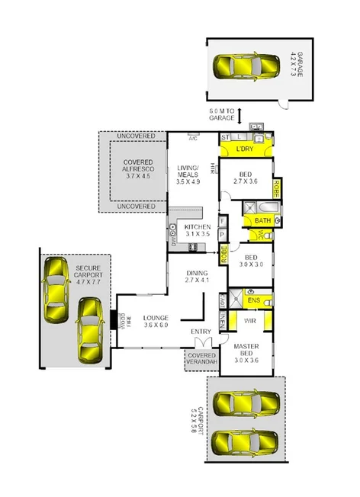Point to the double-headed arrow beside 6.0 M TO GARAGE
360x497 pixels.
click(x=239, y=116)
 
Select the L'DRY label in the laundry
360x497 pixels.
click(x=244, y=148)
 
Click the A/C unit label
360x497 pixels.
click(x=193, y=139)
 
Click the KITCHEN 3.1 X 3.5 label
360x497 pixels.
click(x=197, y=232)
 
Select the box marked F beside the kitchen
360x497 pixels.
click(x=222, y=222)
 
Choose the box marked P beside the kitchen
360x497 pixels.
click(x=222, y=236)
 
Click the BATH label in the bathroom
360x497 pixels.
click(x=262, y=221)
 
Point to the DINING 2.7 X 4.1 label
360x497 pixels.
click(x=197, y=276)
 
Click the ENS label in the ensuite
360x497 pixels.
click(x=255, y=301)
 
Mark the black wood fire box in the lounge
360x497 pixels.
click(x=114, y=319)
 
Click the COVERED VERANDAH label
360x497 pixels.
click(x=201, y=359)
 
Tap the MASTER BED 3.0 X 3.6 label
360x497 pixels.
click(x=245, y=354)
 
